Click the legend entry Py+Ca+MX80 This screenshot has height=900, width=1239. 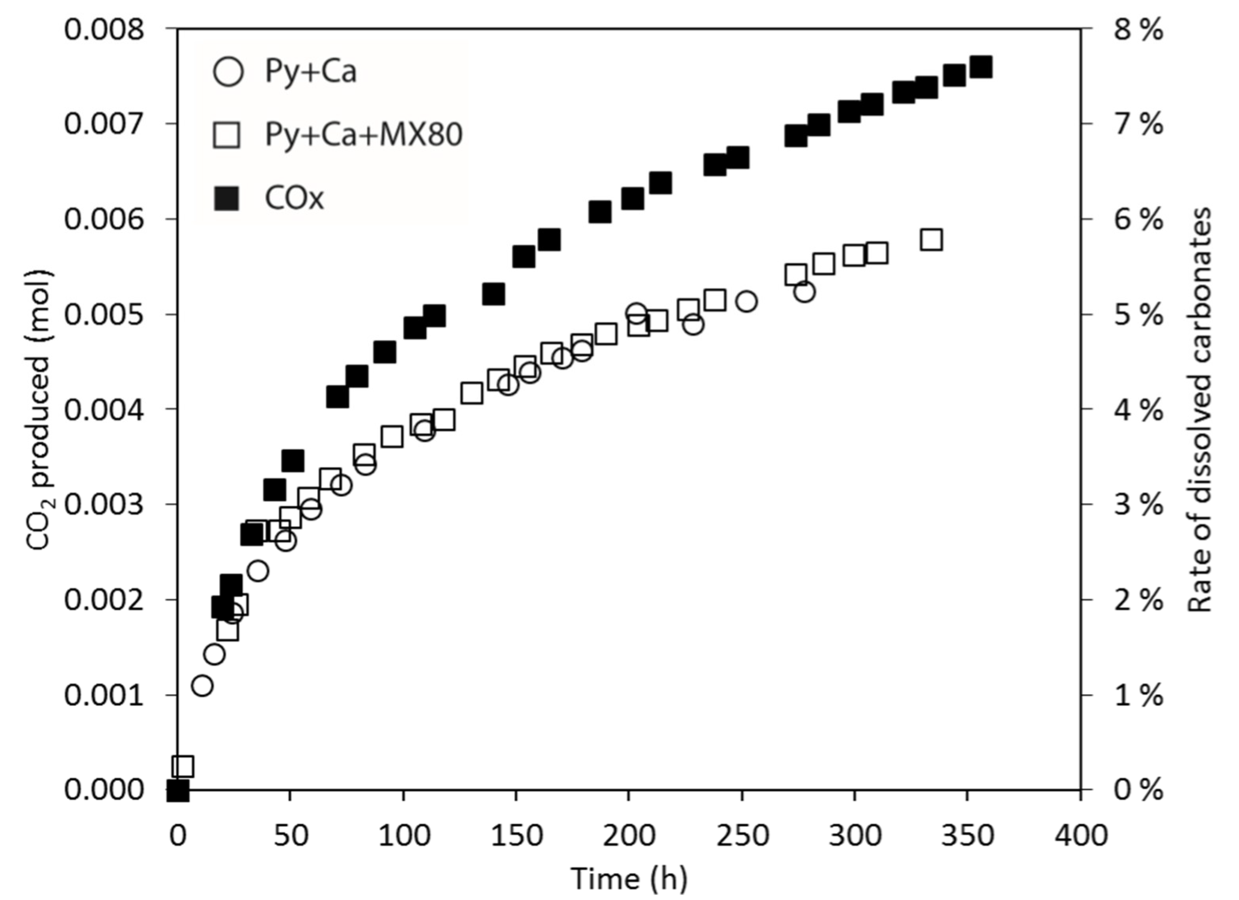coord(363,134)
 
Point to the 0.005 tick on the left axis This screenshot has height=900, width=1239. coord(104,315)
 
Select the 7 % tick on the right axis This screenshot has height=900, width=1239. coord(1138,125)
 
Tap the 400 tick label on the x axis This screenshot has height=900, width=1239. coord(1080,836)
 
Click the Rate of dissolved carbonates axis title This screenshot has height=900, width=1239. coord(1200,410)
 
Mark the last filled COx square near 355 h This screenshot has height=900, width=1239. coord(981,68)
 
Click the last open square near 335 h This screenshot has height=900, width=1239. coord(931,240)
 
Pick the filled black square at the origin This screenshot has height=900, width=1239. coord(177,790)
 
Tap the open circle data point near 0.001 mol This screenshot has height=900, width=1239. coord(202,686)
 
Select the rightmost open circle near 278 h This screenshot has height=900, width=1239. coord(805,292)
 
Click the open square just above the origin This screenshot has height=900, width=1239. coord(183,767)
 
